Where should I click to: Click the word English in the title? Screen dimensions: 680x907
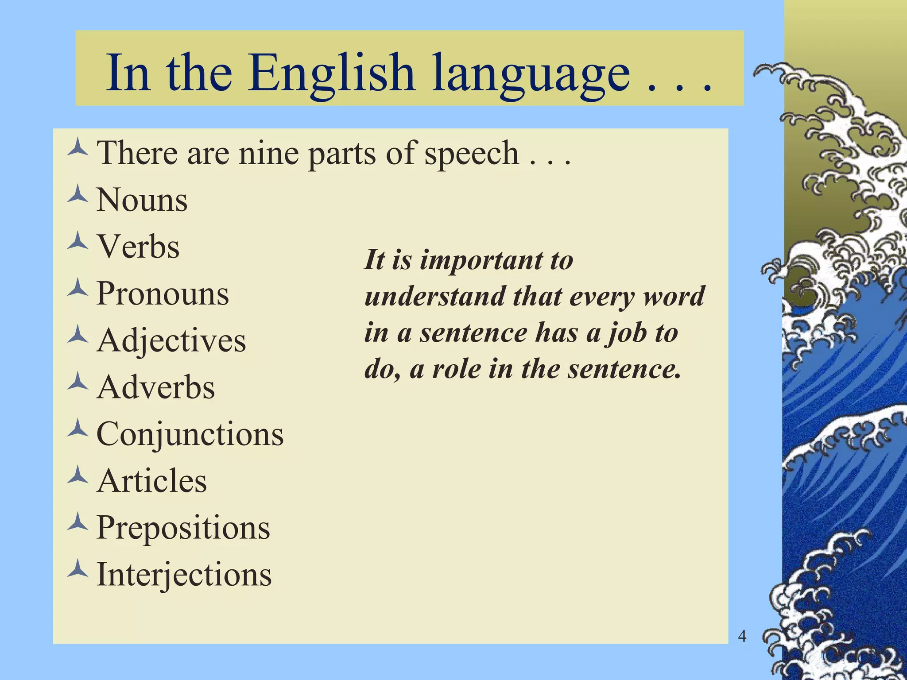pos(331,73)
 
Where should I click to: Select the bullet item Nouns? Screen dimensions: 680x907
pos(142,200)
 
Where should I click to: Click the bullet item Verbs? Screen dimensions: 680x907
pos(138,247)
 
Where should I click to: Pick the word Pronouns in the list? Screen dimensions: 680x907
pos(163,294)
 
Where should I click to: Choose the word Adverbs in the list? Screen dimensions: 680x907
pos(156,387)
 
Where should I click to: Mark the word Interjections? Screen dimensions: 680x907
pos(184,575)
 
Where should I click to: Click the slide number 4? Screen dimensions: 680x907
pos(742,637)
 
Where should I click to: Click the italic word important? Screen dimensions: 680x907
pos(481,261)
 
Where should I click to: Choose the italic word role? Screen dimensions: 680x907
pos(457,369)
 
